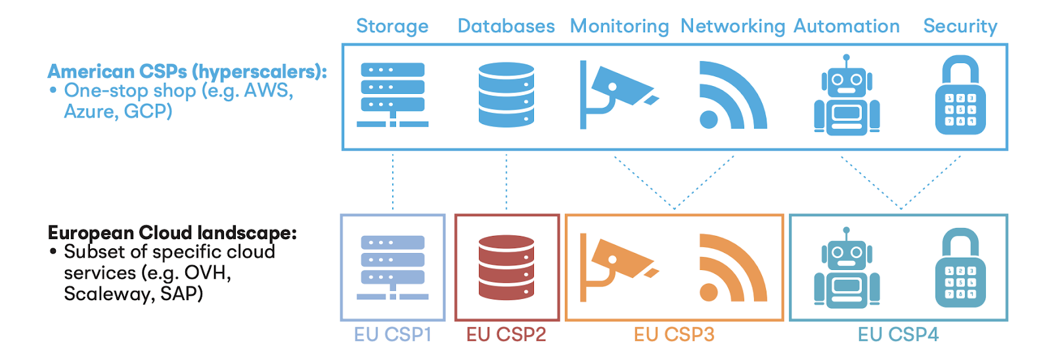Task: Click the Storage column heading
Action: pos(392,26)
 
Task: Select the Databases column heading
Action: pos(506,26)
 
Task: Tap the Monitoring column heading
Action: pos(619,26)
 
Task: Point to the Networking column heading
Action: pos(732,26)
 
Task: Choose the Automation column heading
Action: pos(846,26)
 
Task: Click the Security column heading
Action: pos(960,26)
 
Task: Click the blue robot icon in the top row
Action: pos(846,95)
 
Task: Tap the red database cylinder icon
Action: pos(506,267)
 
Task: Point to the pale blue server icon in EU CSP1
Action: pos(392,267)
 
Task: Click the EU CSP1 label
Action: pos(392,335)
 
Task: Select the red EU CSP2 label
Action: pos(506,335)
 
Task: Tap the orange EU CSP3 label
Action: pos(674,335)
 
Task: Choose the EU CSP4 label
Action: pos(898,335)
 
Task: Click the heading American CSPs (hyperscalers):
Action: pos(187,72)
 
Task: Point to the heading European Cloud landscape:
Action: pos(172,233)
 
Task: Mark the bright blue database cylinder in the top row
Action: pos(506,95)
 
